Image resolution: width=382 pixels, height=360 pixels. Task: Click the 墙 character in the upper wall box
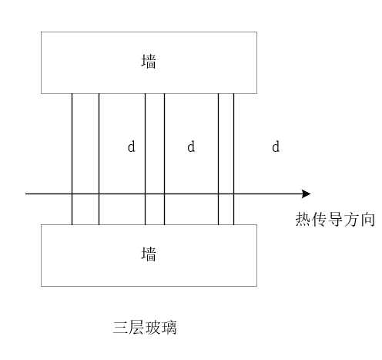tap(149, 62)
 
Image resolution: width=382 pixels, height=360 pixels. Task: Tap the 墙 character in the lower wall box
tap(149, 254)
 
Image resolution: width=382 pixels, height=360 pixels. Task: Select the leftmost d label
tap(131, 146)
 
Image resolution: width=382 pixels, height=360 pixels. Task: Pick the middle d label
tap(191, 146)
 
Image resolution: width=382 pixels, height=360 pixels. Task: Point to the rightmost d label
tap(276, 146)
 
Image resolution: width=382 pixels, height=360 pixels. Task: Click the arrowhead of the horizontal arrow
tap(310, 193)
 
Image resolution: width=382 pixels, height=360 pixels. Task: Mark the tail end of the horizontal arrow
tap(25, 193)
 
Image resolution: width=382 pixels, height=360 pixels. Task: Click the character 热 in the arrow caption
tap(303, 219)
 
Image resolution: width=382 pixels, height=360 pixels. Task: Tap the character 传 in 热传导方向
tap(319, 219)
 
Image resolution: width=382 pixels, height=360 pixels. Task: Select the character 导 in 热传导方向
tap(335, 219)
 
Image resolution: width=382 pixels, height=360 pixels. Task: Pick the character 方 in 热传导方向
tap(351, 219)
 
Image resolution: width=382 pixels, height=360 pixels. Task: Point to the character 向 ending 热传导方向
tap(367, 219)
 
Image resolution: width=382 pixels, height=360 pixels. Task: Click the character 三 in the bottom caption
tap(121, 328)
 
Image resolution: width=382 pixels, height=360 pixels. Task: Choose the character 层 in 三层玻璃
tap(136, 328)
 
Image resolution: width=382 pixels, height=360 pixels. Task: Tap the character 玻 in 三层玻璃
tap(152, 328)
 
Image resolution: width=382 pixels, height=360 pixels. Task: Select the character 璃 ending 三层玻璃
tap(169, 328)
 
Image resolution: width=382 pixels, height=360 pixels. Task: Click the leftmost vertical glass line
tap(72, 159)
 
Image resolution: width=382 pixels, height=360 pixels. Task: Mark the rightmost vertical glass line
tap(233, 159)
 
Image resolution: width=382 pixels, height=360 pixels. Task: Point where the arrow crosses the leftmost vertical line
tap(72, 193)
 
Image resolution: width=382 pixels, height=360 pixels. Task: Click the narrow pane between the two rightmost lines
tap(226, 159)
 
